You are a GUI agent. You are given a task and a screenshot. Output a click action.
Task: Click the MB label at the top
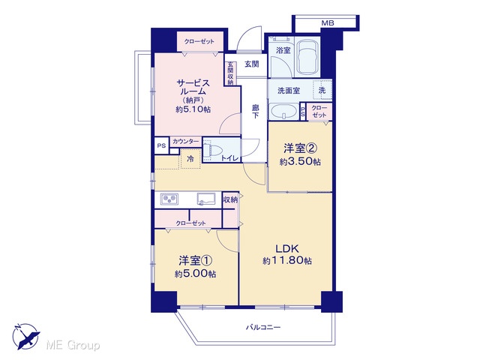pos(328,23)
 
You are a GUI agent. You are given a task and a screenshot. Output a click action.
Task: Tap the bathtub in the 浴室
pos(307,57)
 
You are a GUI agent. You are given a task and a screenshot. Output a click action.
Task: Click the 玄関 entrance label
pos(252,64)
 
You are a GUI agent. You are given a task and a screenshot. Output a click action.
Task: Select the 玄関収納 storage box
pos(230,73)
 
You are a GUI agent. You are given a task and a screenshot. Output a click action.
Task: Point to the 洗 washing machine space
pos(322,90)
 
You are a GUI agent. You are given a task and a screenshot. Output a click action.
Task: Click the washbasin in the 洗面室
pos(283,112)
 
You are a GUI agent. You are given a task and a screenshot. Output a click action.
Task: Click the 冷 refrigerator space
pos(190,158)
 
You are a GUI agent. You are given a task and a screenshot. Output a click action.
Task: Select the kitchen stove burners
pos(169,199)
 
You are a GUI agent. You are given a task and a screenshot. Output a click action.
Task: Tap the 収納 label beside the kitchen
pos(230,200)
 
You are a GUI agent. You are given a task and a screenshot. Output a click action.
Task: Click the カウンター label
pos(185,142)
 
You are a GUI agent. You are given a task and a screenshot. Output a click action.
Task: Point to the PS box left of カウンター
pos(161,145)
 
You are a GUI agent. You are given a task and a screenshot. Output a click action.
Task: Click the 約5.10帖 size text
pos(193,109)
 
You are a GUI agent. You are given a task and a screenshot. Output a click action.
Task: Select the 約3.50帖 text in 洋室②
pos(300,161)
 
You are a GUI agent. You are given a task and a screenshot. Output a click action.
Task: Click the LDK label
pos(286,248)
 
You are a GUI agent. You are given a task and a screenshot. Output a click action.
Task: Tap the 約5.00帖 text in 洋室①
pos(195,273)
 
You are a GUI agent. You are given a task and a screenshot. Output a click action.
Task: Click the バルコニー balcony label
pos(263,328)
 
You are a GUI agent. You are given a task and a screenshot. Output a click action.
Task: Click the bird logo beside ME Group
pos(26,336)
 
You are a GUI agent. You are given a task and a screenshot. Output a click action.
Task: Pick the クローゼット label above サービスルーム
pos(199,41)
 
